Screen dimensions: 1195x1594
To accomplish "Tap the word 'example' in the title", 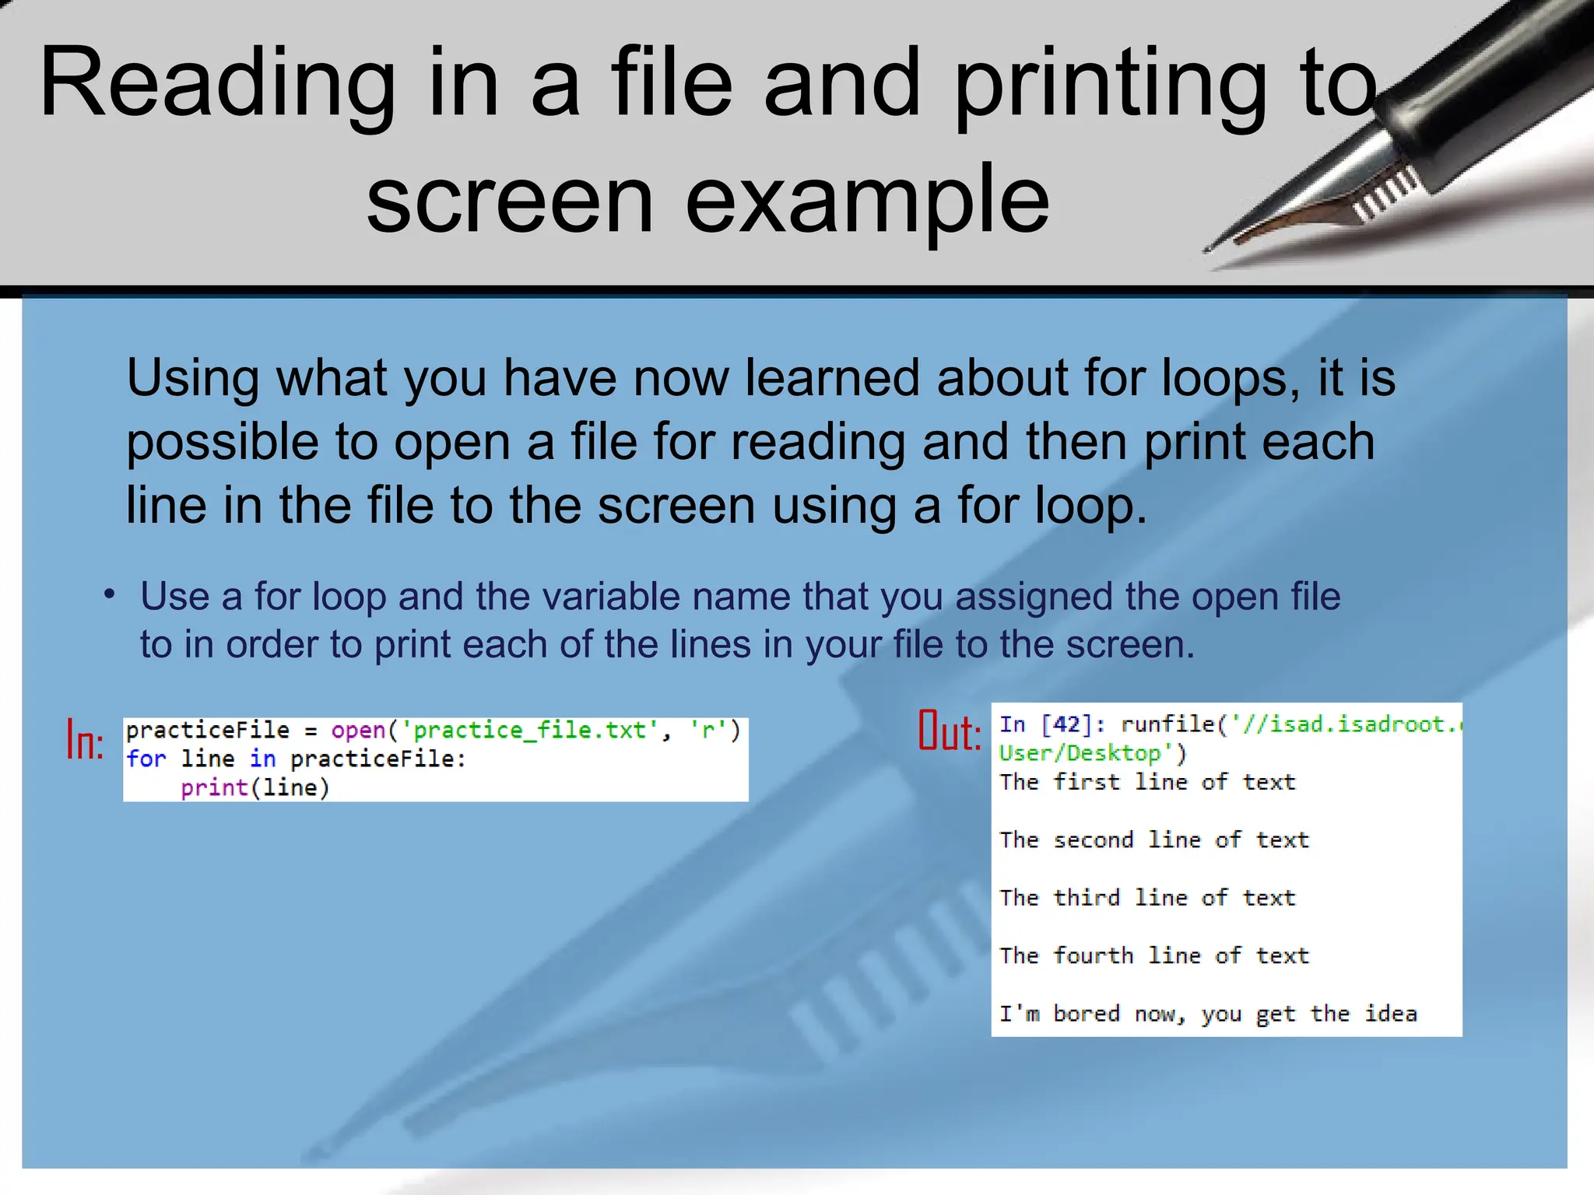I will click(x=867, y=200).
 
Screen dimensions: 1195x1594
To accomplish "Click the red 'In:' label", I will click(x=85, y=740).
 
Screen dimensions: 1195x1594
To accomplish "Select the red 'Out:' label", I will click(x=950, y=731).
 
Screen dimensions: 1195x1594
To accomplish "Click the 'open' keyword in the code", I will click(x=358, y=731).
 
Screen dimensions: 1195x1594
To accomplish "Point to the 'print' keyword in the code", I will click(x=214, y=788).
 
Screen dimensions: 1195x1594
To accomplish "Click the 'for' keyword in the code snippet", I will click(x=146, y=759).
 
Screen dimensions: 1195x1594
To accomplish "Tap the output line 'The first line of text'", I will click(x=1147, y=782).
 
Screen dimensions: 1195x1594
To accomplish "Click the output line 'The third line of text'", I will click(x=1147, y=898).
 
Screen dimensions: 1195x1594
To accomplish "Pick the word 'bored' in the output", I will click(x=1087, y=1014).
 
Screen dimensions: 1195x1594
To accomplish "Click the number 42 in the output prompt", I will click(x=1066, y=725).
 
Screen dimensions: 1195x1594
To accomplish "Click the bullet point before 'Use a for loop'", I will click(x=110, y=595).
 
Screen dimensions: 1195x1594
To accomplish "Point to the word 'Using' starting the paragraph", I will click(x=191, y=378).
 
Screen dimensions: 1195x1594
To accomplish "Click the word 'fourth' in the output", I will click(x=1093, y=955).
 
